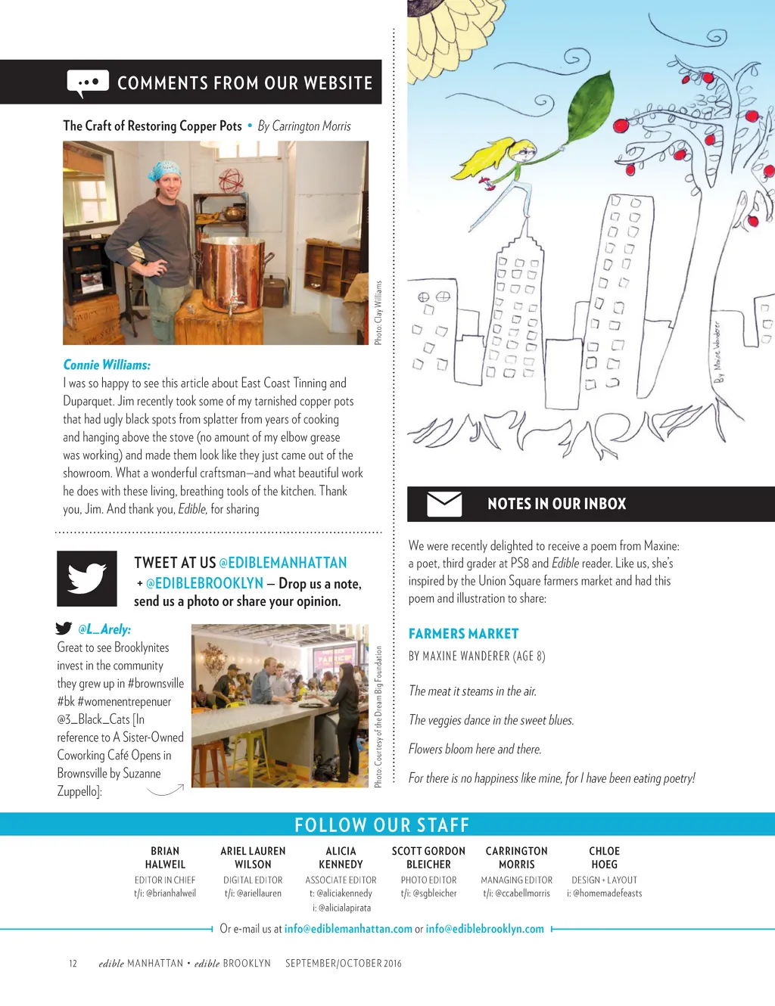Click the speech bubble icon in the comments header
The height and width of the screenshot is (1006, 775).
(x=88, y=83)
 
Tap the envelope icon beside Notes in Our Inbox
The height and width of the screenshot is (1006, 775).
(x=444, y=504)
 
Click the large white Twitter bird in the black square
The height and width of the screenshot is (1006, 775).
(x=87, y=579)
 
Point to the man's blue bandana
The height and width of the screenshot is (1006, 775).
(x=164, y=171)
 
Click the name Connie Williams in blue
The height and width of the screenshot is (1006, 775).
(x=107, y=365)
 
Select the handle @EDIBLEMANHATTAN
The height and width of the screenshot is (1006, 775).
(x=282, y=563)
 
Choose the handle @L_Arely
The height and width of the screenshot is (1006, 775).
(x=104, y=629)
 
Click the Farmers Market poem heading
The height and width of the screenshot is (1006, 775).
(x=463, y=634)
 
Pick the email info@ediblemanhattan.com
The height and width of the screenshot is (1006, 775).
(x=348, y=929)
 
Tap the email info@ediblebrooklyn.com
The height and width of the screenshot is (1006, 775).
(x=484, y=929)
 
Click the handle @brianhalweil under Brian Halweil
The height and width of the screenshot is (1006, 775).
(x=165, y=893)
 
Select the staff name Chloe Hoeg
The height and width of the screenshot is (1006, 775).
(x=604, y=858)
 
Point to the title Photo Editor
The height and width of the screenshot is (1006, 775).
(x=428, y=880)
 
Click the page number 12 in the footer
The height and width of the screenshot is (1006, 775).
(x=73, y=964)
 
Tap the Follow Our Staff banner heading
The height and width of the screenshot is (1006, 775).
(x=381, y=824)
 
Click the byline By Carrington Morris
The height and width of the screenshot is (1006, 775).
(x=304, y=126)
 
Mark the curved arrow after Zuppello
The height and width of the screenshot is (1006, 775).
(x=166, y=791)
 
